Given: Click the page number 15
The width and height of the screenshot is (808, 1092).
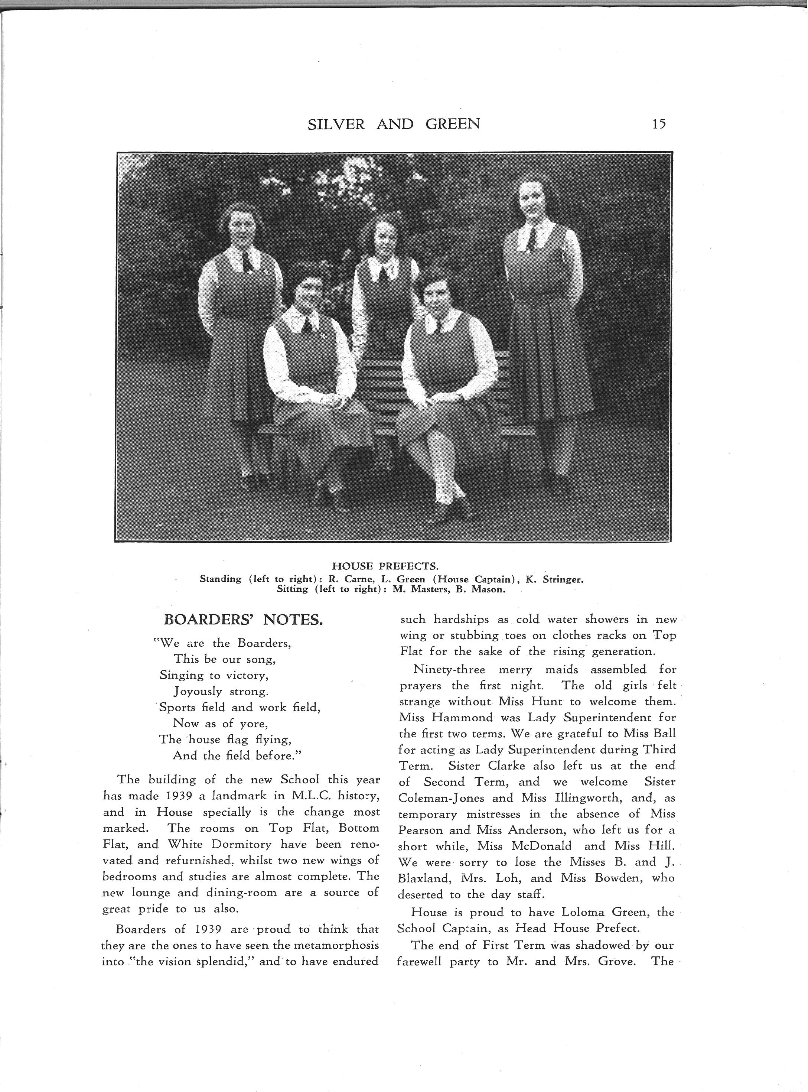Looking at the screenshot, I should click(658, 124).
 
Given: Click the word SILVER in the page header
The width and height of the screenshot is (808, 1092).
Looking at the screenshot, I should click(336, 125).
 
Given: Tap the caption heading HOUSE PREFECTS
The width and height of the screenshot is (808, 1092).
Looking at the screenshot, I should click(385, 566).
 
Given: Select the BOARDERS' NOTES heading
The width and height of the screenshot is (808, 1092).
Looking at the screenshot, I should click(243, 620).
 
